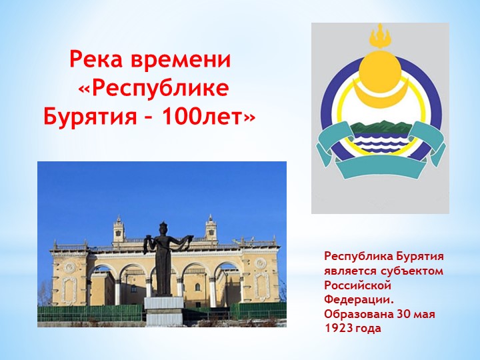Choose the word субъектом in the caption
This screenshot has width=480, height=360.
(411, 269)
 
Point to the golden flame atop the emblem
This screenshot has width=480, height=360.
(380, 34)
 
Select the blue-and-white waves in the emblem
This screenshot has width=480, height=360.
(380, 140)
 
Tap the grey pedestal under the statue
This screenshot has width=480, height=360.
(163, 310)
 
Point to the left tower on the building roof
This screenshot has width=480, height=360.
(119, 230)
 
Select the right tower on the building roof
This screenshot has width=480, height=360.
(211, 229)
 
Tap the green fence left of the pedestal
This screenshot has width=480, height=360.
(90, 312)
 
